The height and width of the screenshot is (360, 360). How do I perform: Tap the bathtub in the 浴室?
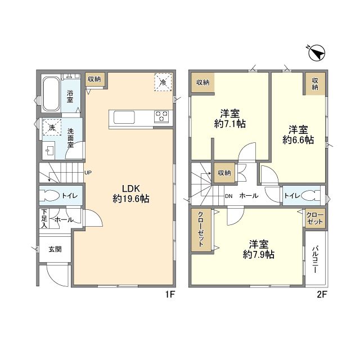pos(51,94)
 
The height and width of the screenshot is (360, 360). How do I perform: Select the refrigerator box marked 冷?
pos(163,82)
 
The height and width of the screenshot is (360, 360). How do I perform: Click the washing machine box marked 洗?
pos(52,127)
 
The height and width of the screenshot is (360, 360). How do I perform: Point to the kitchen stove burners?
pos(161,116)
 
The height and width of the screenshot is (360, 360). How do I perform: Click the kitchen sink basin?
pos(124,118)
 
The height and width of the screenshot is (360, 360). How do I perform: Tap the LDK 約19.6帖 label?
pos(131,193)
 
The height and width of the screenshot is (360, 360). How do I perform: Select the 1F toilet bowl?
pos(50,196)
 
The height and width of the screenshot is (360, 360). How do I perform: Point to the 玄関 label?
pos(55,249)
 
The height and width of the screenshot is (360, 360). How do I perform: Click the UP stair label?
pos(88,173)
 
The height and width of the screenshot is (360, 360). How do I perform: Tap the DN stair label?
pos(229,196)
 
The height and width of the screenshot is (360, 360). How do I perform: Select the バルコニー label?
pos(315,259)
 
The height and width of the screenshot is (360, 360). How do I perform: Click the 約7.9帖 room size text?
pos(259,254)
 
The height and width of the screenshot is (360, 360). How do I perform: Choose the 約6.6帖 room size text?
pos(298,140)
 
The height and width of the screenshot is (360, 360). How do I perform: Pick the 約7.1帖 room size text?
pos(230,124)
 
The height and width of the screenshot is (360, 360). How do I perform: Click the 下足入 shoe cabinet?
pos(44,218)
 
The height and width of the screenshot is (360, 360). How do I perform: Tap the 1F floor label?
pos(170,295)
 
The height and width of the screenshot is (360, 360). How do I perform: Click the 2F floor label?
pos(322,295)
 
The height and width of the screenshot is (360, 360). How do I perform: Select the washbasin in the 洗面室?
pos(49,151)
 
